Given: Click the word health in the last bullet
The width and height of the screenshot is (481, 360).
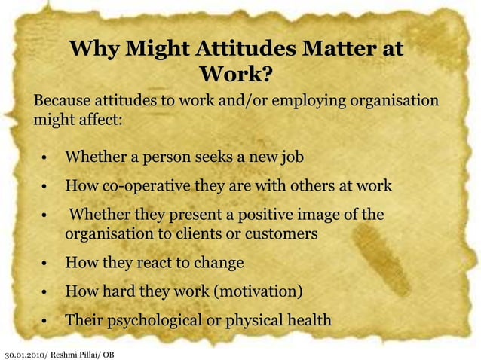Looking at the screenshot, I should (x=306, y=320).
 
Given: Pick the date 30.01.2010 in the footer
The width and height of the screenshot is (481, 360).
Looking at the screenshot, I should (x=24, y=354).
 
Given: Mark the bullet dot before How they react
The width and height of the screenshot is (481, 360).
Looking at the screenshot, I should (x=46, y=264).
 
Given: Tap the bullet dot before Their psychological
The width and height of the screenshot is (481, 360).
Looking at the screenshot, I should (x=46, y=322).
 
